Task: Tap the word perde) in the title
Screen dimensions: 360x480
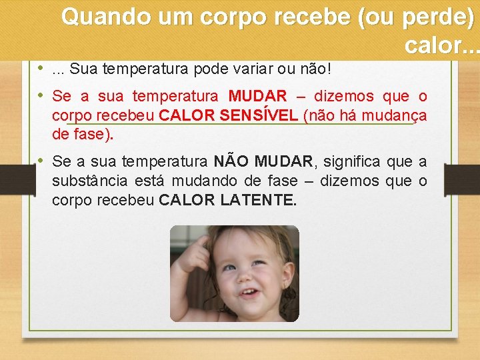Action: [x=439, y=17]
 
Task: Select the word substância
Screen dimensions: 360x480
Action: [x=89, y=181]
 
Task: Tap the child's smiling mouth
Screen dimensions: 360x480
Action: [x=249, y=292]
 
